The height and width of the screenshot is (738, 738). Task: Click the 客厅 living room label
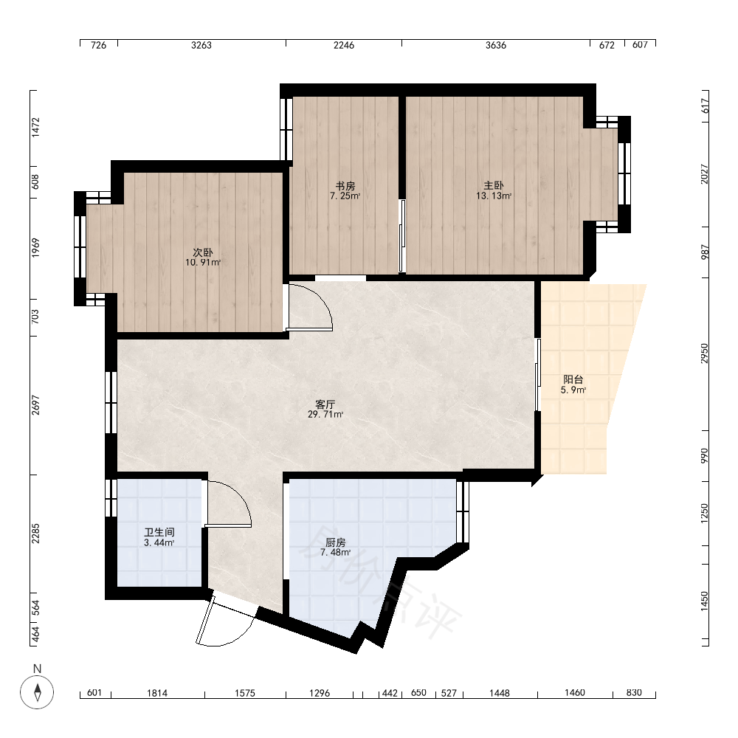[325, 404]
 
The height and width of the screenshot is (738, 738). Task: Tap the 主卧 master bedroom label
[494, 185]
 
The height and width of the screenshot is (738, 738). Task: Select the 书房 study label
[345, 186]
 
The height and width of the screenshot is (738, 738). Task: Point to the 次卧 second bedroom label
[203, 252]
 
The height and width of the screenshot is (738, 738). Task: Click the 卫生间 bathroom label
[159, 532]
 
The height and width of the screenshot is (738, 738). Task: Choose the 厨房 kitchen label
[336, 542]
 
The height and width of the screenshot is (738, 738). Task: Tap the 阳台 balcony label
[573, 379]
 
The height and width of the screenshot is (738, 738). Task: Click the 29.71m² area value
[325, 415]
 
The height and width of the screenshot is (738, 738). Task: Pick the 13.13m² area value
[494, 196]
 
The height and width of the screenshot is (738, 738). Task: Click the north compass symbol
[37, 692]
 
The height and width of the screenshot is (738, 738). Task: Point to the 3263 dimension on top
[201, 45]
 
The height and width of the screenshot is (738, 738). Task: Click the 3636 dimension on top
[496, 45]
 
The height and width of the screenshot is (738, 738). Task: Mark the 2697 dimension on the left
[35, 405]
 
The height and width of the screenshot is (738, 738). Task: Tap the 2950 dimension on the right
[704, 354]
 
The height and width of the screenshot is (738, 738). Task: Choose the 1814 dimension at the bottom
[157, 693]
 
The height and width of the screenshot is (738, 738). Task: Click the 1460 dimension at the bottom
[575, 692]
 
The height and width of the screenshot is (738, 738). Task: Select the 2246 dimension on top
[344, 45]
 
